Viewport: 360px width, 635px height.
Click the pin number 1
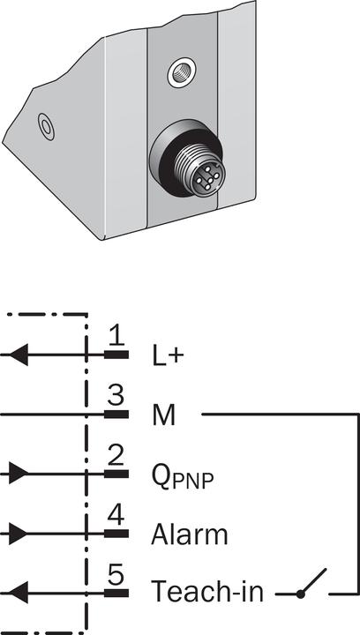coord(116,336)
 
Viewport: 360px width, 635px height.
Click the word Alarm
coord(189,534)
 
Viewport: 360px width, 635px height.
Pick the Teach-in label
coord(206,592)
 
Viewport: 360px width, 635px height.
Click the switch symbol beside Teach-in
coord(311,586)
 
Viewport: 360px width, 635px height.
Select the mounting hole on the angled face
coord(45,127)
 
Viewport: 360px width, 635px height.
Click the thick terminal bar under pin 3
coord(116,414)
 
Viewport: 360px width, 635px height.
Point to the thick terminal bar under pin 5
coord(116,593)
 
